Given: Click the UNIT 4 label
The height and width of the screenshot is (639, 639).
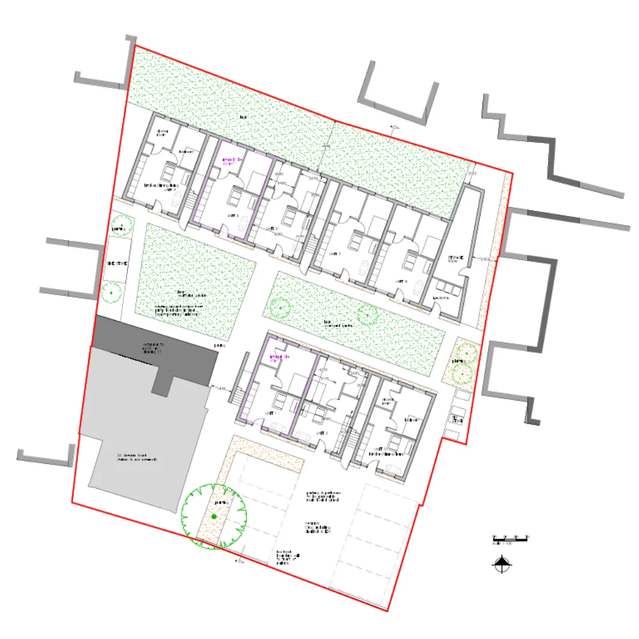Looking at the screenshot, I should tap(171, 190).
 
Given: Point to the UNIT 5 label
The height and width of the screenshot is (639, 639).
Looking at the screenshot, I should tap(233, 216).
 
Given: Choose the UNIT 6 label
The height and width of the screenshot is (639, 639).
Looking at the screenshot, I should tap(272, 228).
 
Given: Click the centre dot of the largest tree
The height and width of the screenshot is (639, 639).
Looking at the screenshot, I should tap(213, 516).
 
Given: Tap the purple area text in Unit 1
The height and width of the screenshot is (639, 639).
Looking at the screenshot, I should tap(279, 358).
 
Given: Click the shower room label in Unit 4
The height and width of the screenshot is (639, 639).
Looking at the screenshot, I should tap(162, 133).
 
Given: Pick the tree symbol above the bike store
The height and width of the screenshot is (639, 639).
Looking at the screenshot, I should tap(118, 227).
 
